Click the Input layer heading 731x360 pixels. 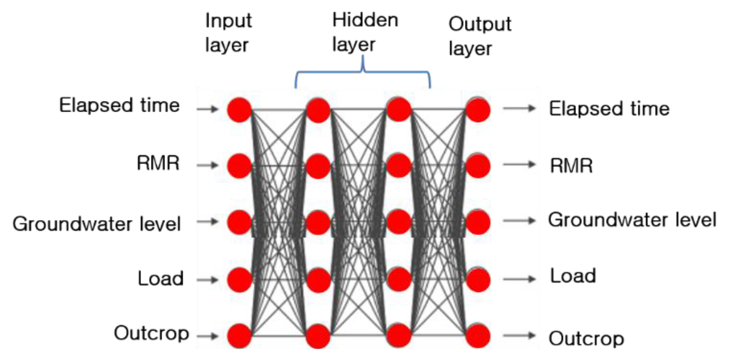(228, 33)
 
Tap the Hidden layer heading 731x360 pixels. (365, 32)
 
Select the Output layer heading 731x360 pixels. (479, 36)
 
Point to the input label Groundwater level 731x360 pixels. (97, 224)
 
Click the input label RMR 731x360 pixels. (158, 163)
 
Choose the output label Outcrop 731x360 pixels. (586, 338)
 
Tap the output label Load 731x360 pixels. (573, 276)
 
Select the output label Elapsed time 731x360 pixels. (609, 109)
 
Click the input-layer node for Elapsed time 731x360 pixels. (239, 110)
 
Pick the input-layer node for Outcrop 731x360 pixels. (239, 336)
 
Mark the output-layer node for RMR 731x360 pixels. (478, 166)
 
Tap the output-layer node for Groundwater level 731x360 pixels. (478, 222)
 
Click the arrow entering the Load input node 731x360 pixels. (208, 280)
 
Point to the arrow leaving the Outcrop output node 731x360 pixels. (519, 336)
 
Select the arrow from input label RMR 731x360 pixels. (208, 165)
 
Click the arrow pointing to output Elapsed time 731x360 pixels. (519, 108)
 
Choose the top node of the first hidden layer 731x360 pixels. (318, 110)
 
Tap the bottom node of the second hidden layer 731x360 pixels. (399, 336)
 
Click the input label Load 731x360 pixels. (160, 279)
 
